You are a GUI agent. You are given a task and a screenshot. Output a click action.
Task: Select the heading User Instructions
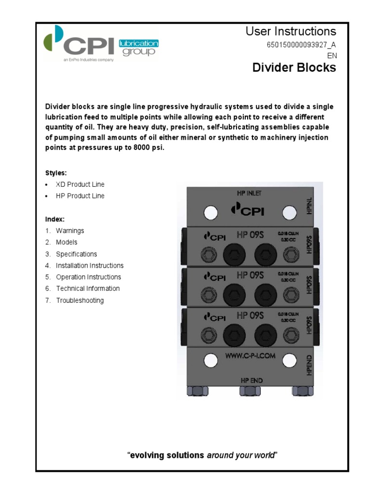pyautogui.click(x=291, y=32)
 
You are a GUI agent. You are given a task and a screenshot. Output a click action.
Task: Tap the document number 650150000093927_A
pyautogui.click(x=301, y=45)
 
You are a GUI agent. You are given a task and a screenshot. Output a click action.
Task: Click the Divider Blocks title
pyautogui.click(x=294, y=67)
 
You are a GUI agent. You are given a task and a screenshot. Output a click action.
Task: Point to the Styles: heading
pyautogui.click(x=56, y=172)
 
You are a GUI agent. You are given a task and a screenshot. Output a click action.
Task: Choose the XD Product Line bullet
pyautogui.click(x=80, y=184)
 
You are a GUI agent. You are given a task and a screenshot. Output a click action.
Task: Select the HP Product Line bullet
pyautogui.click(x=80, y=196)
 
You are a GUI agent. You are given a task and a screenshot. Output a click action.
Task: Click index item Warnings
pyautogui.click(x=70, y=231)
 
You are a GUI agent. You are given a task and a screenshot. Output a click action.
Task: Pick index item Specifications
pyautogui.click(x=76, y=254)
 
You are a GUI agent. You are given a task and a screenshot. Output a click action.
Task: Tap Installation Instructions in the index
pyautogui.click(x=90, y=265)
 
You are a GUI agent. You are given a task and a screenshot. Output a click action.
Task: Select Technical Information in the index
pyautogui.click(x=88, y=288)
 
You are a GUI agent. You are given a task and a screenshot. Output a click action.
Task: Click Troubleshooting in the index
pyautogui.click(x=79, y=300)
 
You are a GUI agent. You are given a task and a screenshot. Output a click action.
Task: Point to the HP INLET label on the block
pyautogui.click(x=249, y=193)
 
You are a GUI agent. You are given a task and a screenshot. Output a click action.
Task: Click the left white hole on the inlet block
pyautogui.click(x=211, y=212)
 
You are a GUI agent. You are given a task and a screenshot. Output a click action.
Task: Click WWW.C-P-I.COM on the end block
pyautogui.click(x=250, y=356)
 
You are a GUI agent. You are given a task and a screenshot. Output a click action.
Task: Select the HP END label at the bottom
pyautogui.click(x=251, y=380)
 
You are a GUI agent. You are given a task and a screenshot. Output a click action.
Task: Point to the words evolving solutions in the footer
pyautogui.click(x=167, y=455)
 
